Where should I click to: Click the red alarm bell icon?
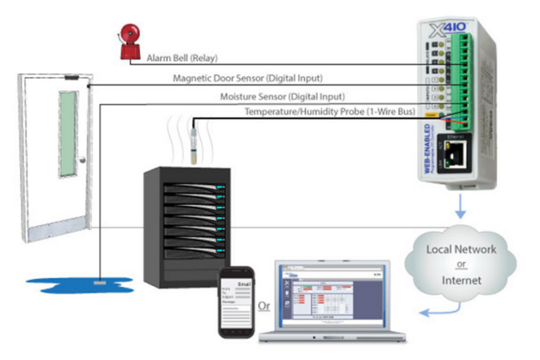[128, 36]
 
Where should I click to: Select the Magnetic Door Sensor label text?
[247, 78]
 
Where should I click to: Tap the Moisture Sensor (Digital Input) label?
[282, 96]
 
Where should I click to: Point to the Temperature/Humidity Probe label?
[330, 112]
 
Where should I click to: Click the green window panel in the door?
[69, 134]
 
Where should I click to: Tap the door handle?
[83, 160]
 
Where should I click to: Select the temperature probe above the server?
[191, 143]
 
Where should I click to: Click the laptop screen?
[329, 293]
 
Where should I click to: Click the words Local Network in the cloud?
[461, 250]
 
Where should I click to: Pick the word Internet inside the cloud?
[461, 279]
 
